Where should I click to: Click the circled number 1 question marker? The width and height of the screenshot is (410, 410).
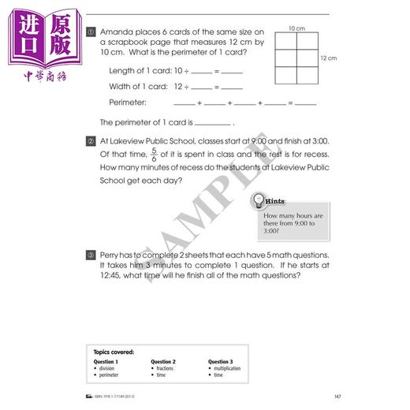pos(92,32)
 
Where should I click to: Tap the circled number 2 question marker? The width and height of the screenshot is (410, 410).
pos(92,140)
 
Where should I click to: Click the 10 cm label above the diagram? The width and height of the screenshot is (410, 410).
pos(296,28)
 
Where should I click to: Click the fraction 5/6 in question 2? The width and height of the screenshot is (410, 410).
pos(154,154)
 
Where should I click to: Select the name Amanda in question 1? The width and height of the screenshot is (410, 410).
pos(116,32)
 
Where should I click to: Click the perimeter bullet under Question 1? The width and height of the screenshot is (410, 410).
pos(110,375)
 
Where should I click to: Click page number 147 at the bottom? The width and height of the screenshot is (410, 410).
pos(337,396)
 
